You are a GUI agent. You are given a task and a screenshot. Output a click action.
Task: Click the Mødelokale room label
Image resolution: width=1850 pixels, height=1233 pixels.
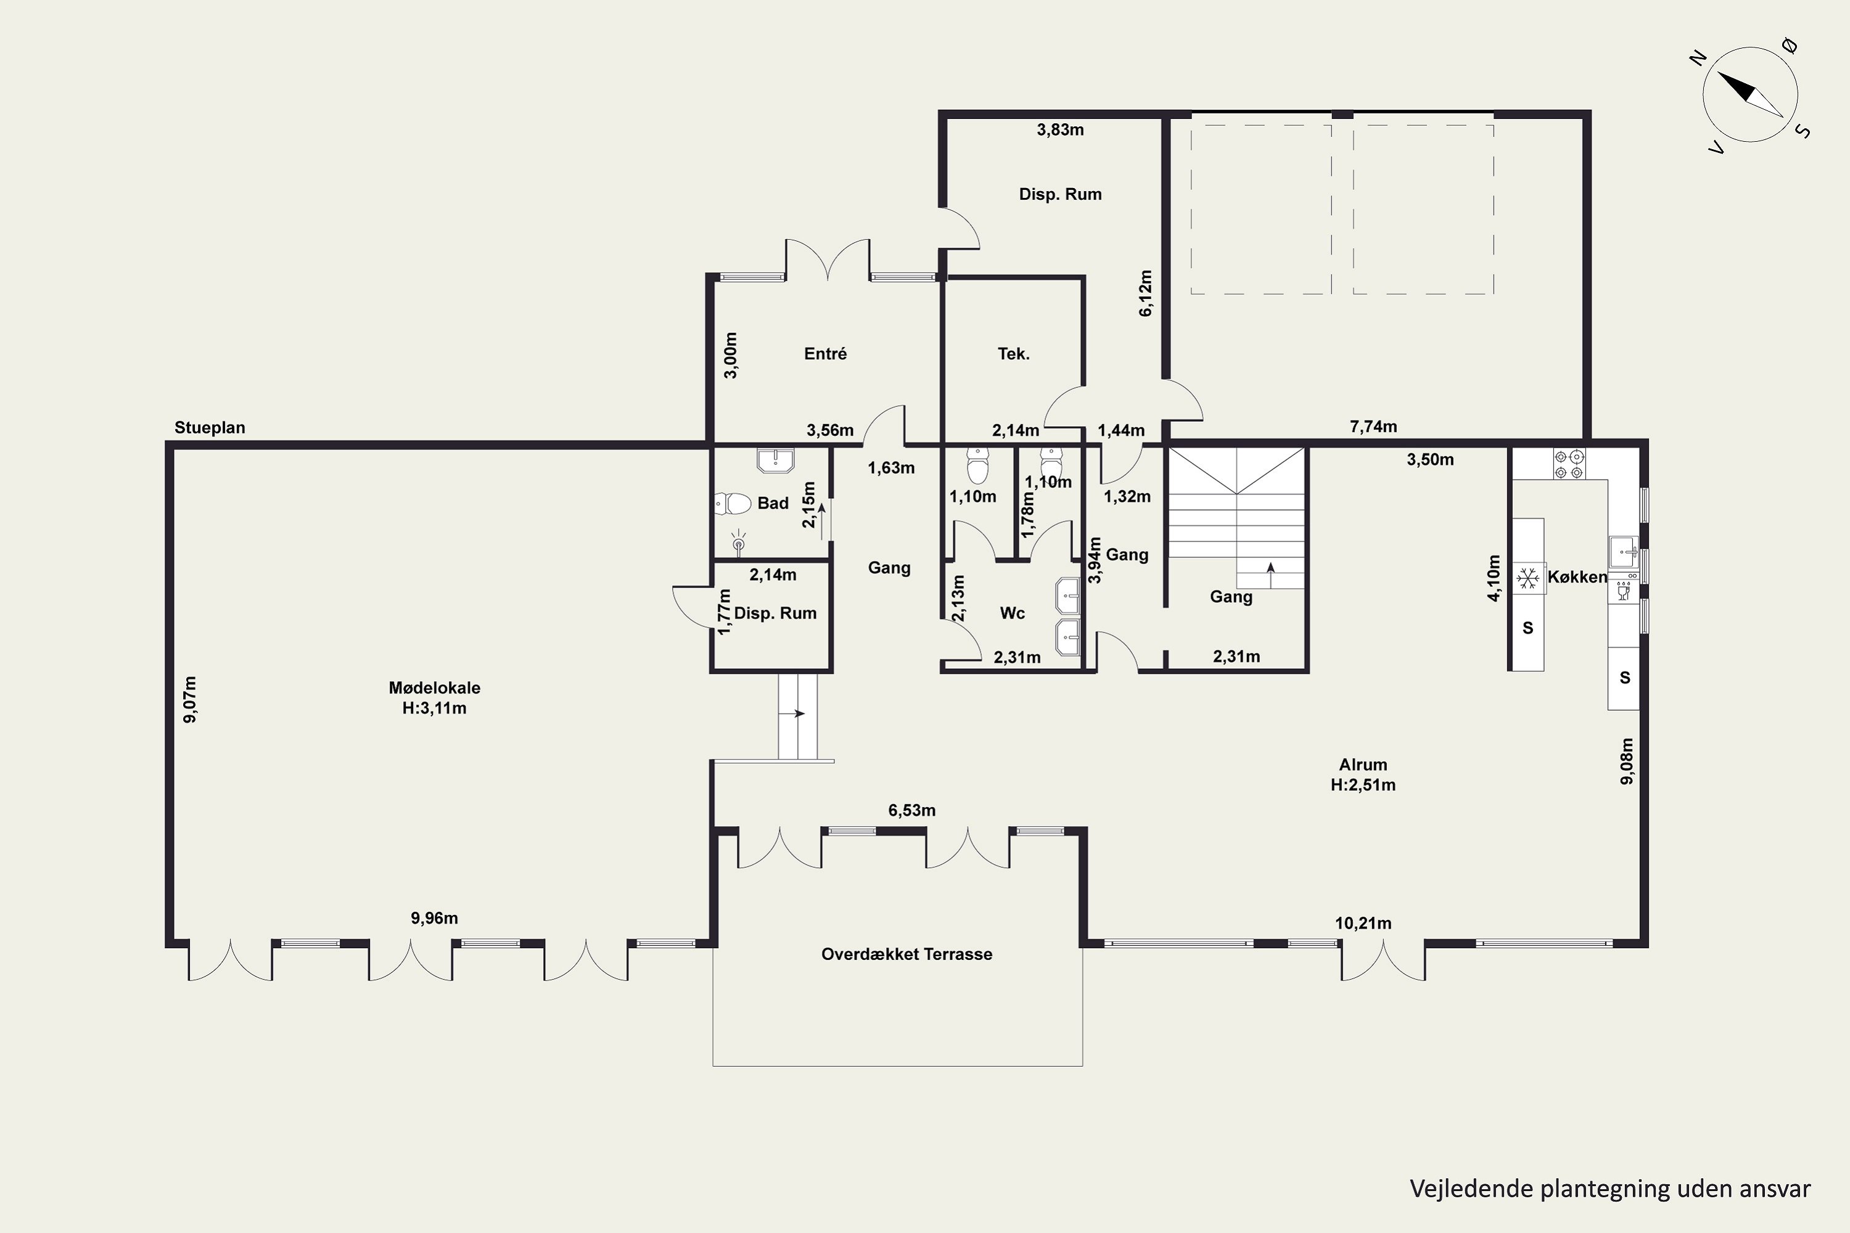(434, 687)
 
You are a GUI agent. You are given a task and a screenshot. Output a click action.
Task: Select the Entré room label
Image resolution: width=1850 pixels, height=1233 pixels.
(825, 354)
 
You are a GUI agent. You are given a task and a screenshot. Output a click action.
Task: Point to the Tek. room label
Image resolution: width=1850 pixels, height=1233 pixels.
(1014, 354)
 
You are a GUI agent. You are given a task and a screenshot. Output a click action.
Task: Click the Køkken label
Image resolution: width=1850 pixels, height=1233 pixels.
(1577, 576)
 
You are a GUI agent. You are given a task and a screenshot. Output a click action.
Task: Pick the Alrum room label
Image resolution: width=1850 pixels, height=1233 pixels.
(1363, 764)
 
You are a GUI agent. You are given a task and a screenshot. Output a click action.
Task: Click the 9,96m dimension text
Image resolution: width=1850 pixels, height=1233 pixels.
(434, 918)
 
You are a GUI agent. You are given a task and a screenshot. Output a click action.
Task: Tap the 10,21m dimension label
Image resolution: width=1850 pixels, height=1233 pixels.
(1363, 923)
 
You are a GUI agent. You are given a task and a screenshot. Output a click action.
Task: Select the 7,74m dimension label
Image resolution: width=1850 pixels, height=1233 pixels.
(1373, 426)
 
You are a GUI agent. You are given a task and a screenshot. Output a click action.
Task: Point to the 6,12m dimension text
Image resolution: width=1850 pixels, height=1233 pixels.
(1146, 293)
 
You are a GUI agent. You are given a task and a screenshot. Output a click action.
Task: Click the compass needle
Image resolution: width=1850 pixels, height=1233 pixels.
(1750, 95)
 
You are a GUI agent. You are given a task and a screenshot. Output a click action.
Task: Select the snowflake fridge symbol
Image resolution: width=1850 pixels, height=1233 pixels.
(1527, 579)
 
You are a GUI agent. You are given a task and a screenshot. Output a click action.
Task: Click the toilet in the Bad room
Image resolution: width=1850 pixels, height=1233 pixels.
(733, 502)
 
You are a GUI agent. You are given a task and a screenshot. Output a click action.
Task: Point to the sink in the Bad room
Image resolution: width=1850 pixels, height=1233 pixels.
(776, 460)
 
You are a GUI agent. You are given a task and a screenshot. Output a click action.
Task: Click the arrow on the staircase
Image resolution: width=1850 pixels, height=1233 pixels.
(1270, 575)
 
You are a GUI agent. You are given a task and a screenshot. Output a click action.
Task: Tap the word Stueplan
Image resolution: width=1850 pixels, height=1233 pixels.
(210, 428)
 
